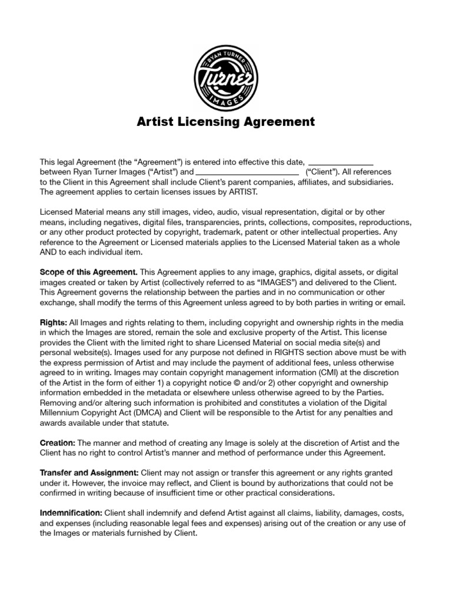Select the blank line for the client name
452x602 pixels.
click(247, 172)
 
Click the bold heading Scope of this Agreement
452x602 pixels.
click(88, 272)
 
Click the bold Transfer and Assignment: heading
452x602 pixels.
click(89, 473)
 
